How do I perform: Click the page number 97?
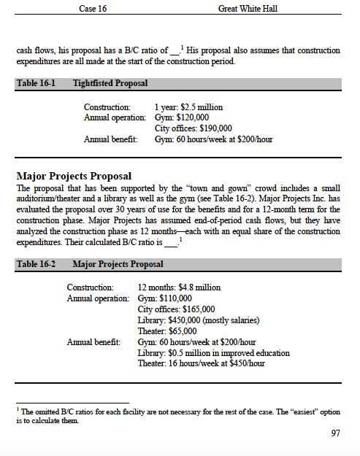click(335, 433)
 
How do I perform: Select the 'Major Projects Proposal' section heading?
click(74, 176)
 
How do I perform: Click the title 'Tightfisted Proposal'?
click(110, 83)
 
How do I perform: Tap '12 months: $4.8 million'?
click(179, 287)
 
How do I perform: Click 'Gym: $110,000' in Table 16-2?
click(165, 298)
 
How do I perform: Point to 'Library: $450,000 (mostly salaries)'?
click(197, 320)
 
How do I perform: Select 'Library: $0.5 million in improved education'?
click(213, 352)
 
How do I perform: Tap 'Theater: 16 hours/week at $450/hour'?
click(200, 363)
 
